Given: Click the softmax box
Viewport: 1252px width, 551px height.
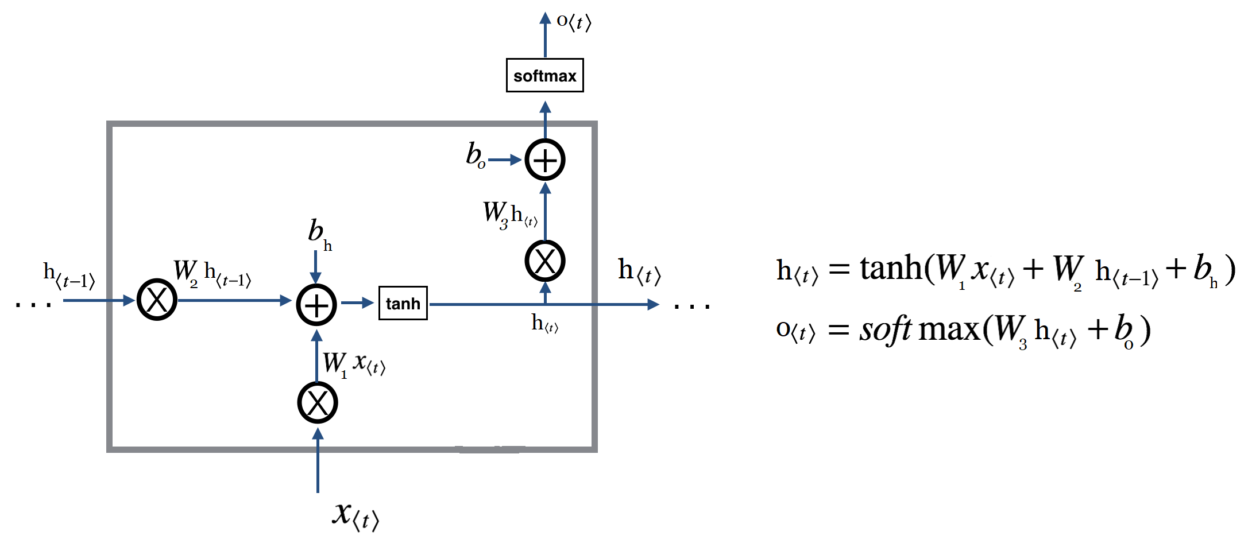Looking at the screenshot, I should [x=544, y=75].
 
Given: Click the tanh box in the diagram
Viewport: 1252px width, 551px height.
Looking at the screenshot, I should [x=403, y=303].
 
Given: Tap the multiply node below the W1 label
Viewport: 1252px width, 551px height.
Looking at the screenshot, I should [x=318, y=403].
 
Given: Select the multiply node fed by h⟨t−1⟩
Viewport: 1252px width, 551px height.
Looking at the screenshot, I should [x=157, y=300].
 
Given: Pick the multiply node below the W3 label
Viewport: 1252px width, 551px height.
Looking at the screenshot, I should [x=545, y=261].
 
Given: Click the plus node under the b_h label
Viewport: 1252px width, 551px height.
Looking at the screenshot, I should [x=316, y=304].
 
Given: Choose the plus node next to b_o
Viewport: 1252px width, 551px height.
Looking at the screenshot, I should [x=545, y=160].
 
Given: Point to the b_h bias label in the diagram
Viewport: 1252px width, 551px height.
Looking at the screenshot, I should [x=319, y=234].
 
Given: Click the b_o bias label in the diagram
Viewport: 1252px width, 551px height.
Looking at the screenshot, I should [x=476, y=155].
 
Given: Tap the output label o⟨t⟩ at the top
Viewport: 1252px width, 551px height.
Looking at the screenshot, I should [x=574, y=22].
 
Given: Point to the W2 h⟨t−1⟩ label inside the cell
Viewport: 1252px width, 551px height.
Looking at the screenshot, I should [x=212, y=273].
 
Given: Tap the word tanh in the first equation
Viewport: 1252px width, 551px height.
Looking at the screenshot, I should [x=891, y=268].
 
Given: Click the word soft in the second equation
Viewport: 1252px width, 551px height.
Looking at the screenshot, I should [x=885, y=330].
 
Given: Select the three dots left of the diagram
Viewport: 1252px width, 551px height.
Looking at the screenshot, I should [x=33, y=305].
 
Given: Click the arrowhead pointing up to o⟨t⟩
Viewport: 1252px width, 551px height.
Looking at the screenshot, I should [x=545, y=18].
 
